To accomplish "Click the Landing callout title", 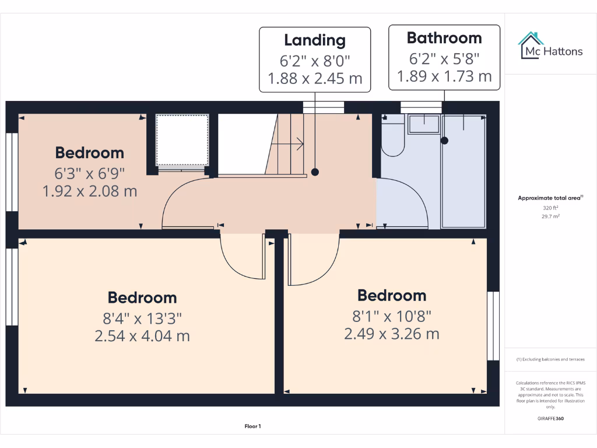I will pyautogui.click(x=315, y=40).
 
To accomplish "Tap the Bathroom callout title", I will pyautogui.click(x=444, y=38).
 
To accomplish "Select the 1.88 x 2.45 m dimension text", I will pyautogui.click(x=315, y=78).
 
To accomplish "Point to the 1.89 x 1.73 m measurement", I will pyautogui.click(x=444, y=76).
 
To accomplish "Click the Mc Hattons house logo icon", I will pyautogui.click(x=531, y=45).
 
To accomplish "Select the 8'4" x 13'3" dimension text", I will pyautogui.click(x=142, y=318).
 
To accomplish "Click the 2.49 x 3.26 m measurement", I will pyautogui.click(x=391, y=334).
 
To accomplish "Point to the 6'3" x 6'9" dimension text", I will pyautogui.click(x=90, y=173).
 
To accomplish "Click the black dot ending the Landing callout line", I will pyautogui.click(x=315, y=172).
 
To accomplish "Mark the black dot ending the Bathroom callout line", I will pyautogui.click(x=445, y=140).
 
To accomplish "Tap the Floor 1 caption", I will pyautogui.click(x=252, y=426).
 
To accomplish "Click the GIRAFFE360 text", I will pyautogui.click(x=550, y=418).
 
